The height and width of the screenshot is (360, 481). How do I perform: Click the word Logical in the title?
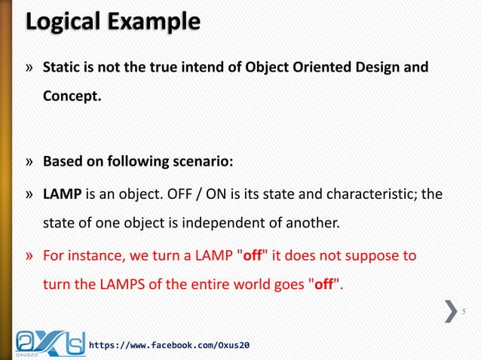pos(60,23)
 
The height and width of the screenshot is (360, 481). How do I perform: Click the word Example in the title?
pos(151,23)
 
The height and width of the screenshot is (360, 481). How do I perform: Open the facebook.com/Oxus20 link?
pos(169,345)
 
